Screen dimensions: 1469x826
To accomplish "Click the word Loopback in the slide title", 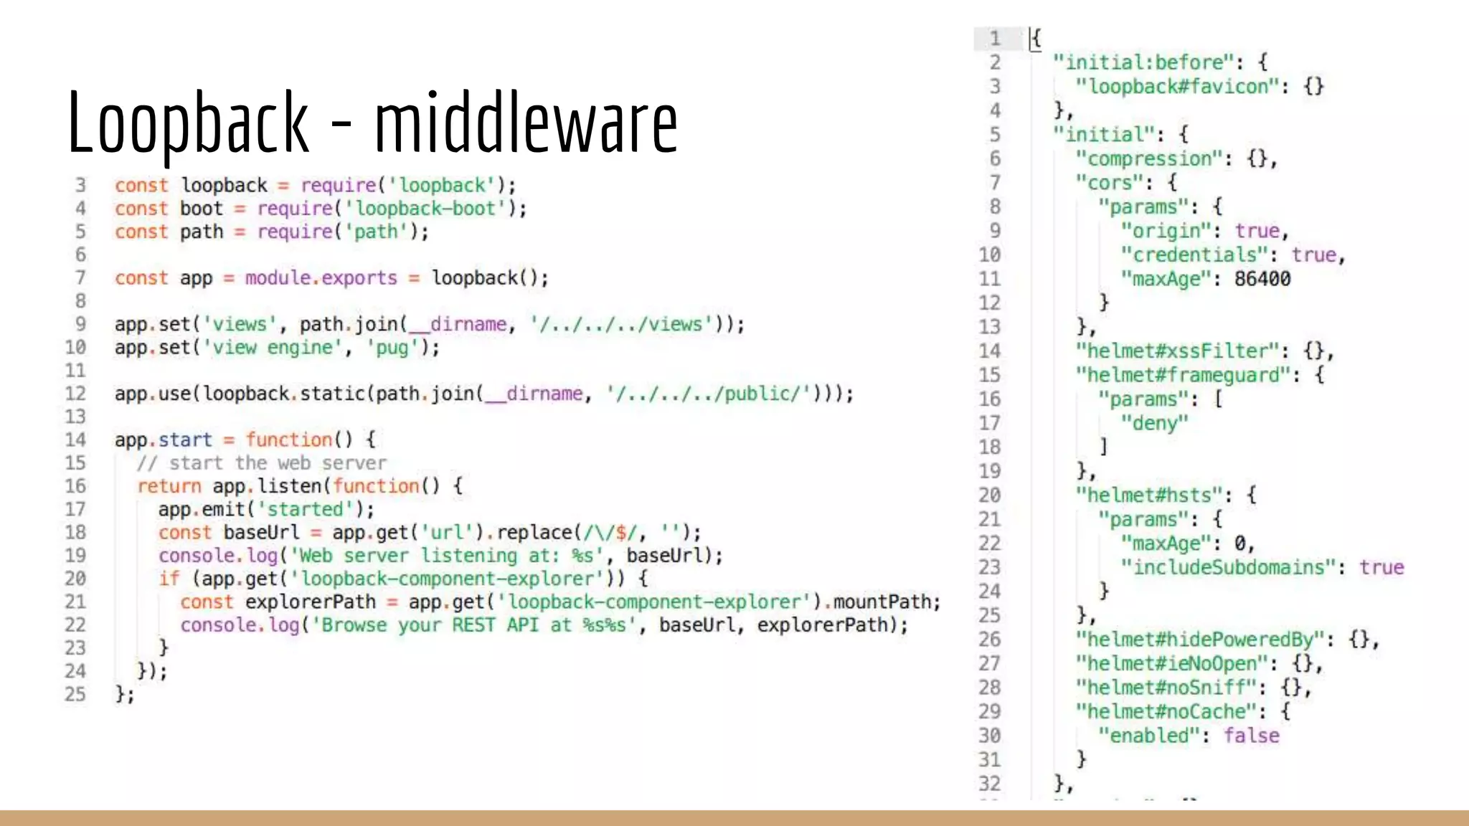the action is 188,122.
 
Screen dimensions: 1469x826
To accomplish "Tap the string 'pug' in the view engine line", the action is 392,348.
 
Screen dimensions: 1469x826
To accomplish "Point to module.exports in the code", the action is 321,278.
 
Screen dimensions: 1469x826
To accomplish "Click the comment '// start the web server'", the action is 261,463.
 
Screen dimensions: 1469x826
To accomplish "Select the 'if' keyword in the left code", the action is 169,579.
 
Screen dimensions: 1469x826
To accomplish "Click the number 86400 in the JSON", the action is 1262,279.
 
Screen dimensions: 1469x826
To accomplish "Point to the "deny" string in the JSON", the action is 1154,423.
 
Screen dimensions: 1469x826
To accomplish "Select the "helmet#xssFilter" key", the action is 1177,351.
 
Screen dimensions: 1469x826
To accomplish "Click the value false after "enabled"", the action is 1251,736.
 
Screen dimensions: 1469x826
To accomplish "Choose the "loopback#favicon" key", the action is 1177,87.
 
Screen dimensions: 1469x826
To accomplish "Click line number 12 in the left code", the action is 75,394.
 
